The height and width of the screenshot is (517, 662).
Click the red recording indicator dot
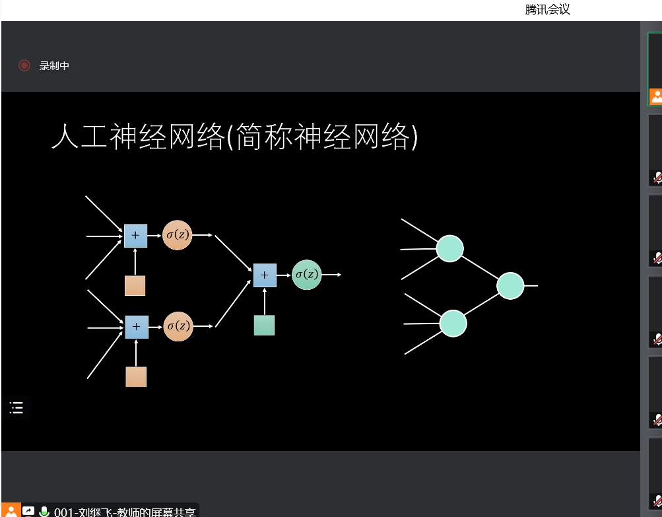coord(24,65)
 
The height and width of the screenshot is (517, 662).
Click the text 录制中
coord(54,65)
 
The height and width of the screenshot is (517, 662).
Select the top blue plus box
coord(135,235)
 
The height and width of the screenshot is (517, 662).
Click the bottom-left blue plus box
coord(136,327)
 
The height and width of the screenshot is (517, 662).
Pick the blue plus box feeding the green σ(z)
coord(265,275)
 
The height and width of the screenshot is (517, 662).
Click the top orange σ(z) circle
coord(177,235)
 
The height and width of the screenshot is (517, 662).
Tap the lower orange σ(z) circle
coord(178,326)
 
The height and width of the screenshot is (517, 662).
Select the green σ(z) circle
coord(306,274)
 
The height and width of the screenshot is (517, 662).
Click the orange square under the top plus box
coord(135,285)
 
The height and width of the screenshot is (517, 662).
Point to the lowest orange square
coord(136,376)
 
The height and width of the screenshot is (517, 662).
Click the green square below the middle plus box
coord(264,325)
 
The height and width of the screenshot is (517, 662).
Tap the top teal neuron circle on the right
coord(449,248)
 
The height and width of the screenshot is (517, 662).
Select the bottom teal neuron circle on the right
coord(453,323)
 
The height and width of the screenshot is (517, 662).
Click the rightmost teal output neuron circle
coord(510,285)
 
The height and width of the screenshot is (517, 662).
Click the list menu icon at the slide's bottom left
coord(17,408)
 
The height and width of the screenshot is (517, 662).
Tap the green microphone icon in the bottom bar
coord(44,511)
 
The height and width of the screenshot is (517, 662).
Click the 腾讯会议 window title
coord(547,9)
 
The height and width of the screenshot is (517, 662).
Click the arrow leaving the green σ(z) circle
coord(331,274)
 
